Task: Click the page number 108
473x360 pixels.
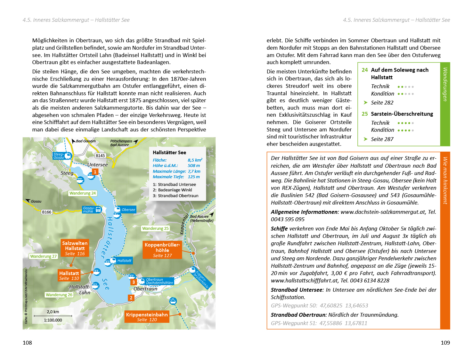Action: [x=27, y=343]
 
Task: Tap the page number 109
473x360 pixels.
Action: [x=445, y=343]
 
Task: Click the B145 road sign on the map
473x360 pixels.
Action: [x=100, y=155]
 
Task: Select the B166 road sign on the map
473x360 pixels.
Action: [x=47, y=212]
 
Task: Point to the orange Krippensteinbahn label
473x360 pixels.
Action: [x=147, y=317]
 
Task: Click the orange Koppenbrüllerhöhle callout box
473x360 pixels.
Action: [x=162, y=250]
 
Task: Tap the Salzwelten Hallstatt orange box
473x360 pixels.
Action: [x=75, y=248]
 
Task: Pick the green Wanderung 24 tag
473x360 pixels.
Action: [x=83, y=193]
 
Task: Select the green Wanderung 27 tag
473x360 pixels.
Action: [x=43, y=256]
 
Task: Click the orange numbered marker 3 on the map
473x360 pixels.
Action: [x=134, y=282]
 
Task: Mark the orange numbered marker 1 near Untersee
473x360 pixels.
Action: [x=95, y=172]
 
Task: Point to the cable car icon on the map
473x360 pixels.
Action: [x=173, y=301]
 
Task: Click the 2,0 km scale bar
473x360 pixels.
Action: [x=53, y=316]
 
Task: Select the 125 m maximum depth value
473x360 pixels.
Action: [x=193, y=177]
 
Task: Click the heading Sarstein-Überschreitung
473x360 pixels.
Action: [x=402, y=114]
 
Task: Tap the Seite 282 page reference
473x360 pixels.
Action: [x=382, y=103]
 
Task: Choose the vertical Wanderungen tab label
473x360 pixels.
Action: [x=445, y=84]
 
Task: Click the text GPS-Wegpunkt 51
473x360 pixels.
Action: [x=294, y=323]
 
